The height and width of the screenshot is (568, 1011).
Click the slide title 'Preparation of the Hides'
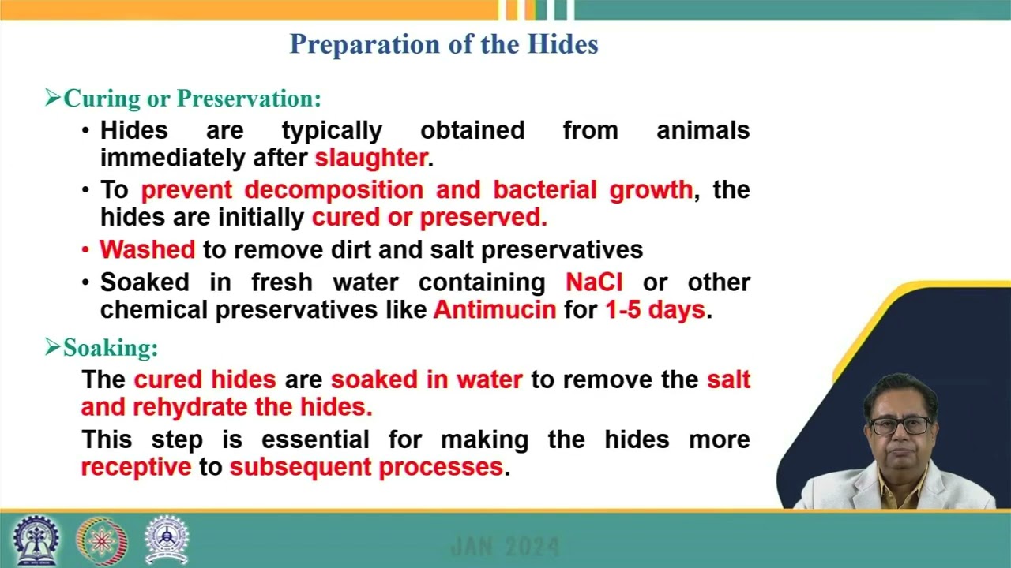point(444,44)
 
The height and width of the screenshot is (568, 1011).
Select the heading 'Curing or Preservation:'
point(192,99)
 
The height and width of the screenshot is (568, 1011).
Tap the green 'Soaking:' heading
point(111,348)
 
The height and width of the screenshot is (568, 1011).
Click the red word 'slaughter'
point(371,158)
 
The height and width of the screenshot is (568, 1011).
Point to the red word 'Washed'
point(147,250)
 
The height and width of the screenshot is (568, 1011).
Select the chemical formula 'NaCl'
point(594,282)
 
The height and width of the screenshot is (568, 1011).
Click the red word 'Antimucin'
point(494,309)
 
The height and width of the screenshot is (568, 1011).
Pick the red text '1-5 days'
point(655,309)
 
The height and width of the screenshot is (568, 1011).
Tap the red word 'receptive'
point(136,467)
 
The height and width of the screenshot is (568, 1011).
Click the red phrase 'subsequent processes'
point(366,467)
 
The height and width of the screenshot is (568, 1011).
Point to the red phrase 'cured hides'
point(205,379)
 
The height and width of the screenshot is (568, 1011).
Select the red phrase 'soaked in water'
point(427,379)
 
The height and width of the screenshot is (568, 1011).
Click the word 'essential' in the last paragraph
point(315,439)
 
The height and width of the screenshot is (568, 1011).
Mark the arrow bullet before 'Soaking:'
point(53,347)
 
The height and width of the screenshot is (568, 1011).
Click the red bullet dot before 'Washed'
point(86,250)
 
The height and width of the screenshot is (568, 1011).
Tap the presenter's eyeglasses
point(900,425)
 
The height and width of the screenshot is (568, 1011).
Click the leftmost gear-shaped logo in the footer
point(36,540)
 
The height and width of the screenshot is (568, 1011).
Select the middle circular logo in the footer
point(101,540)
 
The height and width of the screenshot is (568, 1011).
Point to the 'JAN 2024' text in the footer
point(505,546)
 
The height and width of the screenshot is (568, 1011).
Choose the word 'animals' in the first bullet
point(702,130)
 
